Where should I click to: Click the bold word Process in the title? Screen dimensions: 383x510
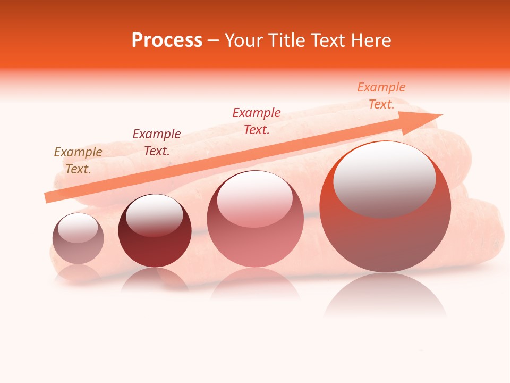click(167, 40)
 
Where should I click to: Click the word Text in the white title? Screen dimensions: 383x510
click(327, 40)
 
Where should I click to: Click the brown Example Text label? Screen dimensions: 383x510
click(78, 161)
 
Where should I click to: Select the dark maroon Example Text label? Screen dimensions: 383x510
click(157, 143)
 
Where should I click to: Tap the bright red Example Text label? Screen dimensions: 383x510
click(257, 121)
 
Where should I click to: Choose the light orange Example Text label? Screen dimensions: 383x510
click(381, 96)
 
